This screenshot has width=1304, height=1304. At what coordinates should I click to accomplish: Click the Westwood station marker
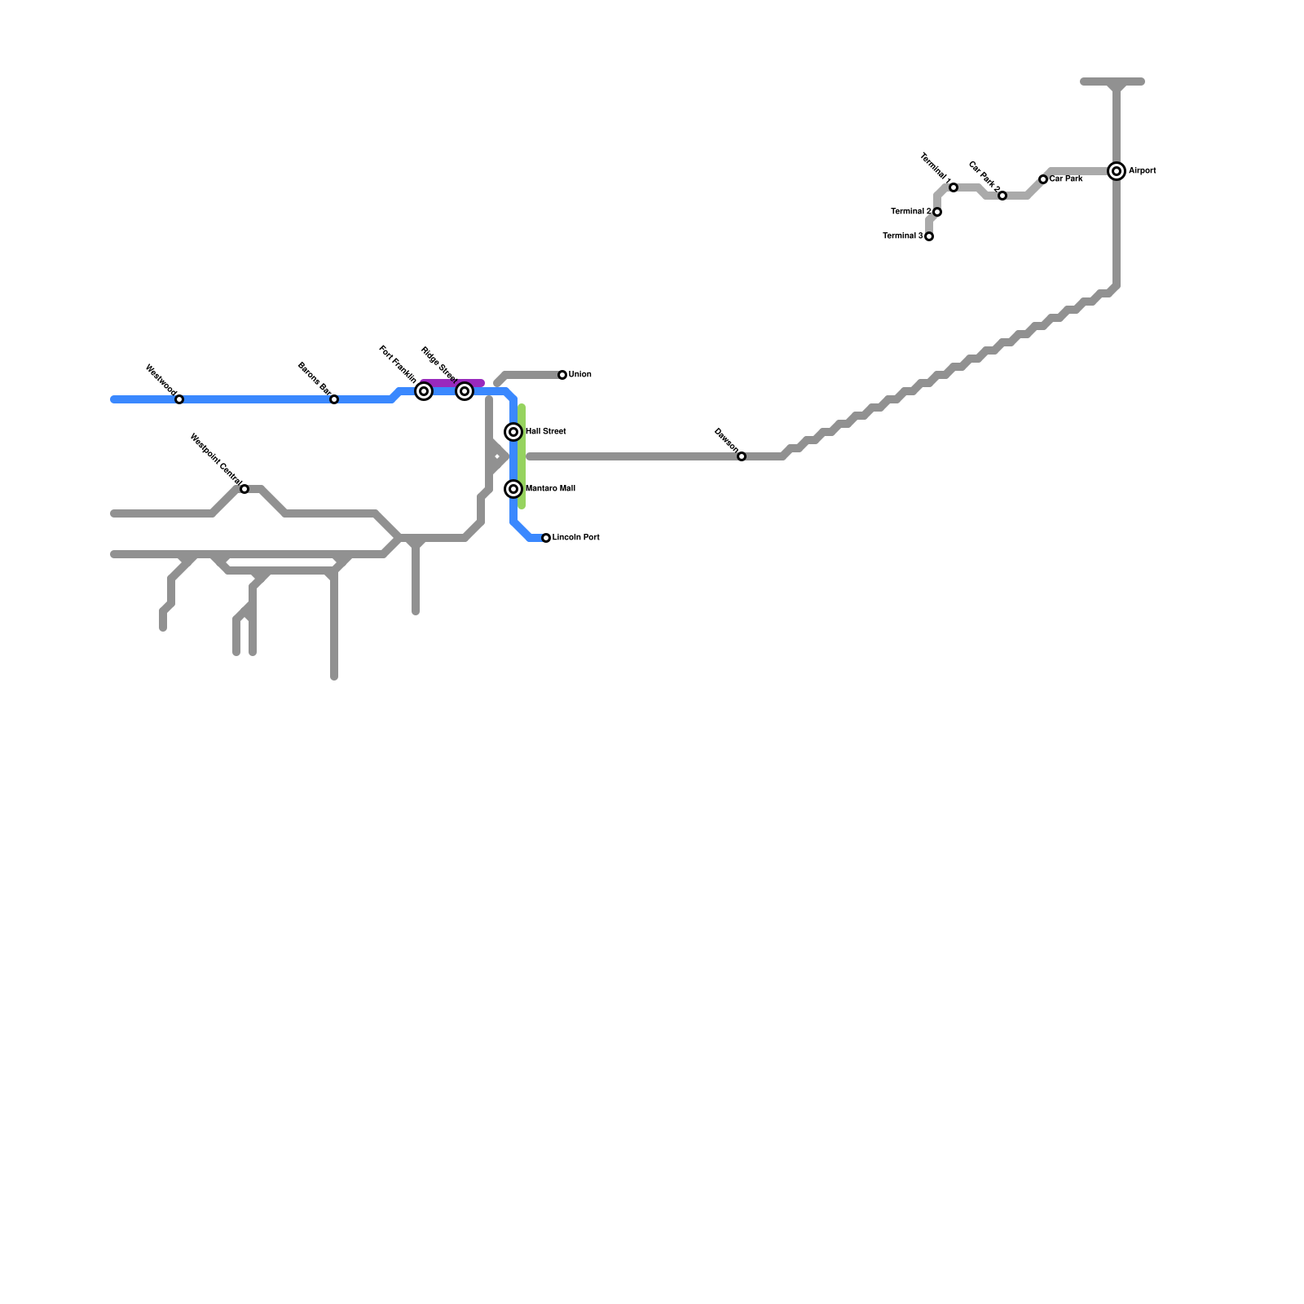click(179, 399)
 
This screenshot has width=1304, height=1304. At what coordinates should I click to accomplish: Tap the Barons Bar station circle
click(334, 399)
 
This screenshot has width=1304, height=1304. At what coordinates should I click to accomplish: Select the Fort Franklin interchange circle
click(424, 391)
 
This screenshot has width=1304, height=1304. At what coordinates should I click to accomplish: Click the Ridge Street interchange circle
click(465, 391)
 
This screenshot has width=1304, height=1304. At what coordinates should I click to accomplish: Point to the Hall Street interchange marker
click(513, 432)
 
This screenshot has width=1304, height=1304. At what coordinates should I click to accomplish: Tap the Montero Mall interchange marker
click(513, 489)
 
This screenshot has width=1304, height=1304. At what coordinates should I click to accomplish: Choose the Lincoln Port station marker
click(546, 538)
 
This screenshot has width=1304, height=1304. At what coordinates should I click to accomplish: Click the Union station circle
click(562, 375)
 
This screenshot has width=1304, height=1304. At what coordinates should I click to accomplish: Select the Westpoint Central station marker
click(244, 489)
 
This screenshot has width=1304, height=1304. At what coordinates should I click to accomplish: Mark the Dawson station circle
click(742, 456)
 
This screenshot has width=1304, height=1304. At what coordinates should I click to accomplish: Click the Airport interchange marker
click(1117, 171)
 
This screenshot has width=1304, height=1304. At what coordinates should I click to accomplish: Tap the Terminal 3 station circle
click(929, 236)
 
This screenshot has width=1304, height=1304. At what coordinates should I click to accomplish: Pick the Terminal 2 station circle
click(937, 212)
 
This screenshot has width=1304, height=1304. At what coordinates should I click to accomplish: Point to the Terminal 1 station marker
click(954, 187)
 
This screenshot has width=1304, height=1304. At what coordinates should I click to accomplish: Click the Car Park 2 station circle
click(1002, 196)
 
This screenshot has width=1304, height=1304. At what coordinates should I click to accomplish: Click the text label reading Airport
click(1142, 171)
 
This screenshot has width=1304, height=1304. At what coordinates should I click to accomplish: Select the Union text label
click(579, 375)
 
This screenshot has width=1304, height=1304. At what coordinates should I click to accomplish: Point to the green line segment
click(522, 456)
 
